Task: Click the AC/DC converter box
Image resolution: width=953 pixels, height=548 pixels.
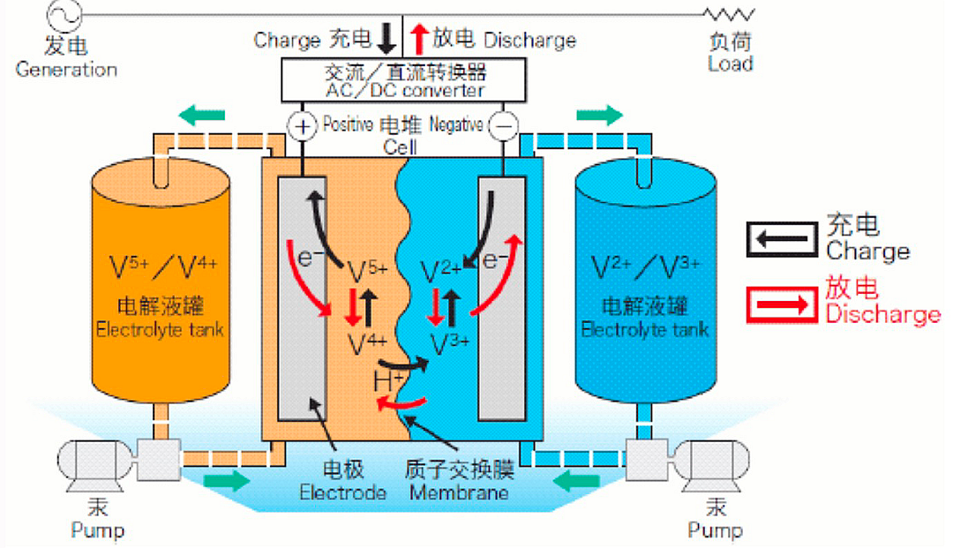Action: [405, 80]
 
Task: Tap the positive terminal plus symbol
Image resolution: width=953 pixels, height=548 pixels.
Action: [303, 127]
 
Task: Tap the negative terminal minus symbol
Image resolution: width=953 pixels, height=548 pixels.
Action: [504, 127]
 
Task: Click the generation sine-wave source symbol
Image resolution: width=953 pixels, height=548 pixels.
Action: [67, 14]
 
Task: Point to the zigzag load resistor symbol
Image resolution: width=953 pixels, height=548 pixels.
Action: [729, 14]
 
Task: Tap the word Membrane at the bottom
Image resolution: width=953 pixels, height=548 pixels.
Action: [459, 492]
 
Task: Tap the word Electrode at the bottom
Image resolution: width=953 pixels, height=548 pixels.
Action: [343, 492]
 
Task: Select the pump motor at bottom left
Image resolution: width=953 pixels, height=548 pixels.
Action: [93, 462]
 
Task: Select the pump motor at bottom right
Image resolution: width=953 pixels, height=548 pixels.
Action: [715, 462]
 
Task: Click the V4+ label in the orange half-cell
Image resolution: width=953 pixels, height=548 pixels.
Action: [364, 340]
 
